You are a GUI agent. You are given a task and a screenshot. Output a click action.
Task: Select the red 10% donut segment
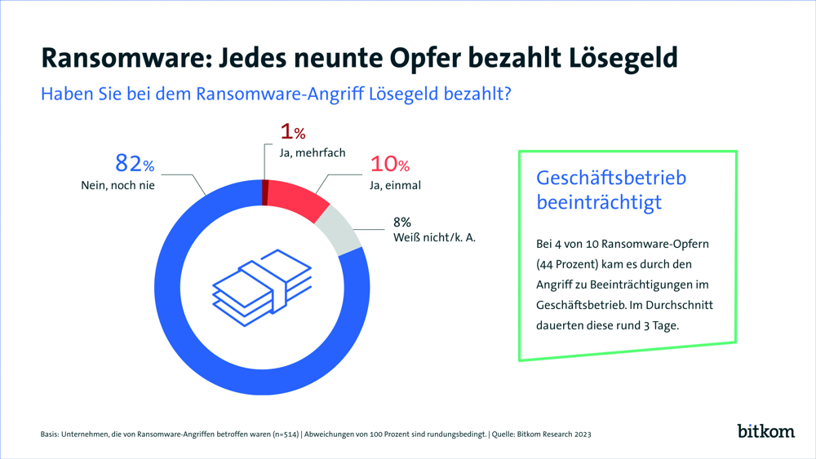click(x=297, y=196)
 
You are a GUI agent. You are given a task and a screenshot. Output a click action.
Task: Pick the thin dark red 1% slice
click(x=265, y=192)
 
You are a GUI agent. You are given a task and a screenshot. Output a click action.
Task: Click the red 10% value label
click(x=389, y=164)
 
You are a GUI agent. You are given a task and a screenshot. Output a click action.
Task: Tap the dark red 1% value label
click(x=292, y=132)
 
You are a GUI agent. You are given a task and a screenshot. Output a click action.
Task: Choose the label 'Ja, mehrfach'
click(x=312, y=152)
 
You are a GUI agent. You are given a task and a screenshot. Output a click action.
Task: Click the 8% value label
click(x=402, y=222)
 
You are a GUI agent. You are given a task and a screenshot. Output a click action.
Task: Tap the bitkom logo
click(x=765, y=430)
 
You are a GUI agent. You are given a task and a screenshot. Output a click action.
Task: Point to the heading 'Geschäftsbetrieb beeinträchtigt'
click(x=611, y=190)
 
